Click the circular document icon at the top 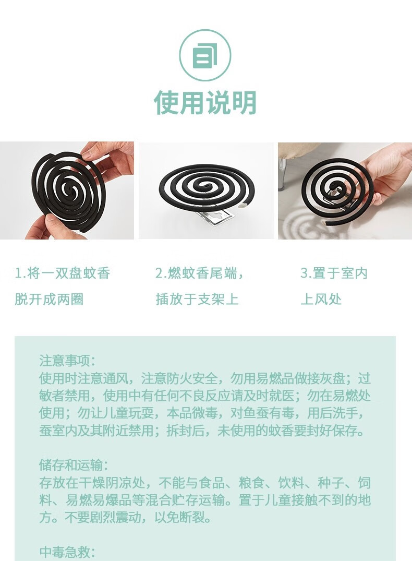click(205, 55)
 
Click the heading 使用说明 click(205, 103)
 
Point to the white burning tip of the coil click(244, 205)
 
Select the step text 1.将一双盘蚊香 click(62, 273)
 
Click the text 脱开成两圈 click(49, 299)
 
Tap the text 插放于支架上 click(197, 299)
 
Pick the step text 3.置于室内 click(334, 273)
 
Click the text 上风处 click(321, 299)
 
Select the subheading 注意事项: click(68, 361)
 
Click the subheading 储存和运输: click(74, 465)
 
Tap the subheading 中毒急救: click(67, 552)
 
